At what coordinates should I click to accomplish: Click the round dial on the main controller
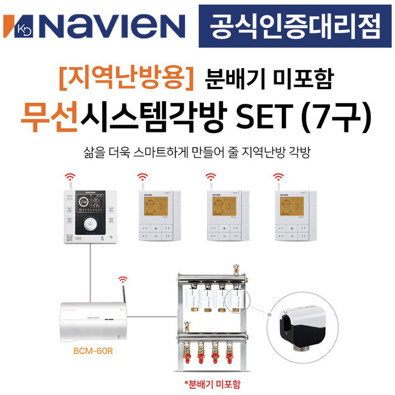coord(90,226)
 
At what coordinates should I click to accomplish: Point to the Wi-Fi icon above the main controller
coord(71,177)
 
